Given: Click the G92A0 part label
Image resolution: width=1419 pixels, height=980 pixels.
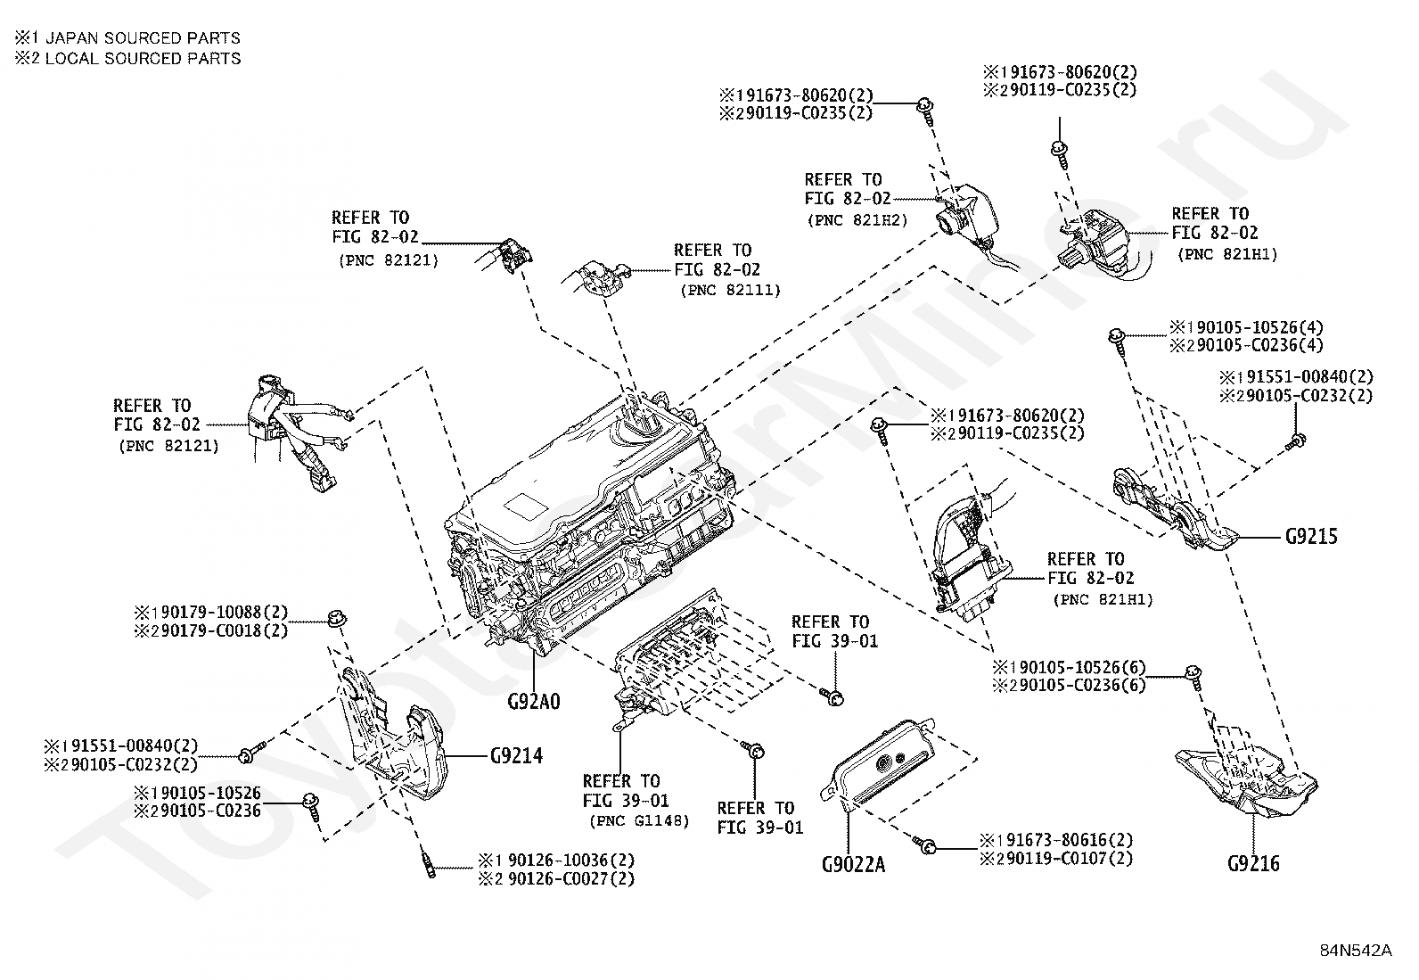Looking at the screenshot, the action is pos(534,702).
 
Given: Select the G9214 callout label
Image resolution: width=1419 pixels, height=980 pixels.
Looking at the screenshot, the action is pos(516,755).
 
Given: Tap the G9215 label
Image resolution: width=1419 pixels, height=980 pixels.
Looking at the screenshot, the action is pos(1311,537).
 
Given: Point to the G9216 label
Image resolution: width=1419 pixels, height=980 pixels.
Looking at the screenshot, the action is pos(1253,863).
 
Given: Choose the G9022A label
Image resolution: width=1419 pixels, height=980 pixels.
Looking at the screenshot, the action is pos(853,864).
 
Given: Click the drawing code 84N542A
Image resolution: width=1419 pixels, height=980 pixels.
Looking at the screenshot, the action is pos(1356,951).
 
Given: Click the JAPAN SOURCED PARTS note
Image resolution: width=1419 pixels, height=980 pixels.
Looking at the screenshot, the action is pos(143,38).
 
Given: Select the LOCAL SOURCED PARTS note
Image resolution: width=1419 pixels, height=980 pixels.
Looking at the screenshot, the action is pos(144,58).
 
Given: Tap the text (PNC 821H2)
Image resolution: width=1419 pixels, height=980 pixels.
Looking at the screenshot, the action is pos(857,220).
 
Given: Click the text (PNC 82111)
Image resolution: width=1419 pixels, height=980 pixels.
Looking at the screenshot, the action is pos(730,291).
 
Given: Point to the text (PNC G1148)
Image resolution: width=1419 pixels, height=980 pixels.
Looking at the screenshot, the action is pos(639,821).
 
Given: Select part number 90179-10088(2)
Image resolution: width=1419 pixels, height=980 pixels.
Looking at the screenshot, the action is pos(219,613).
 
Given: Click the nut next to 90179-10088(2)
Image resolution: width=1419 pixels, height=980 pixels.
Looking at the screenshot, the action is pos(337,617).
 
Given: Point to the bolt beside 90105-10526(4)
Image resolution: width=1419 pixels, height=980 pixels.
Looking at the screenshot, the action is pos(1119,343).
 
